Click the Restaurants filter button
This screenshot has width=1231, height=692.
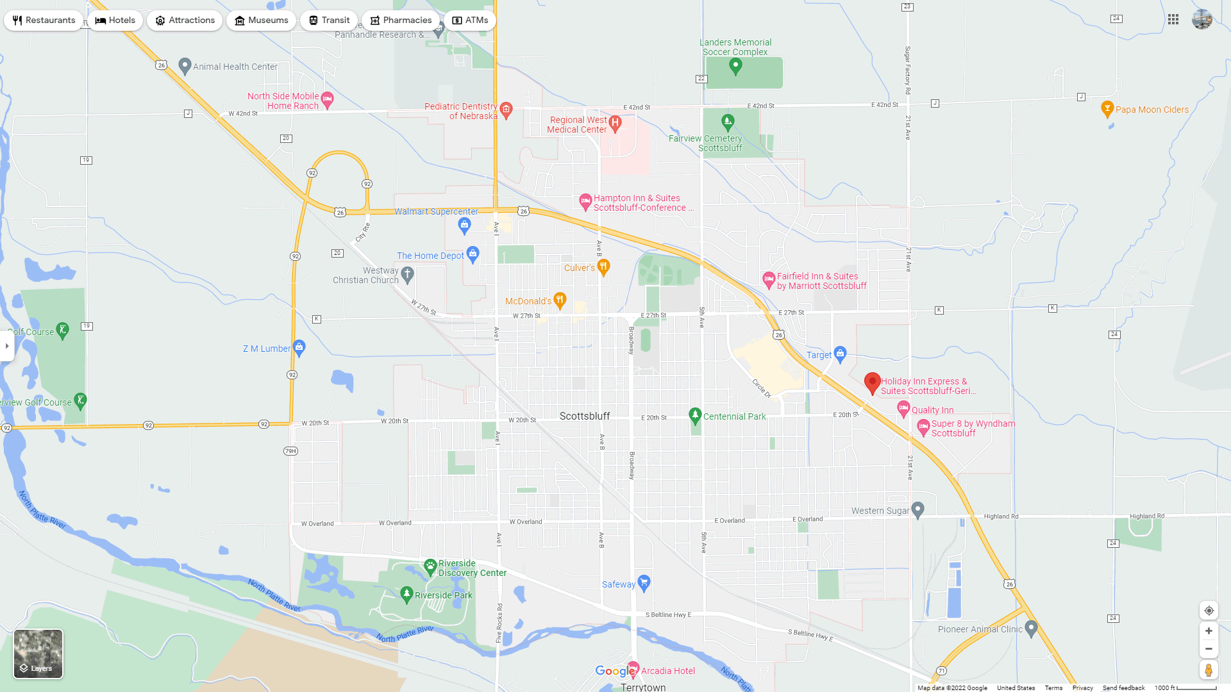tap(44, 21)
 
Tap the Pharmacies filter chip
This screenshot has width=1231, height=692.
tap(401, 21)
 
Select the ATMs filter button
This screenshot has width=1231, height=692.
tap(470, 21)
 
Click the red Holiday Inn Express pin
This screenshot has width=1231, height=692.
tap(872, 383)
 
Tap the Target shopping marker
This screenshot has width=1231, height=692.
tap(841, 354)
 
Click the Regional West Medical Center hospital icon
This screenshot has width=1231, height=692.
tap(615, 123)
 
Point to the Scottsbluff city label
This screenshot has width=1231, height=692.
tap(585, 416)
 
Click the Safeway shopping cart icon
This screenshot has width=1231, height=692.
tap(644, 582)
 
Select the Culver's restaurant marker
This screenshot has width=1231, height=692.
tap(603, 267)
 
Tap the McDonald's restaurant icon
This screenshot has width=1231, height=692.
tap(560, 299)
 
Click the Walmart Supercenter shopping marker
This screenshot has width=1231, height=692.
tap(465, 224)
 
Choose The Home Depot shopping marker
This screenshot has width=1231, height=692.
tap(473, 254)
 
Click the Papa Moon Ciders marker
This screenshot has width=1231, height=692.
tap(1107, 108)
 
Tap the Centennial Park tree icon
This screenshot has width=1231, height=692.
tap(694, 415)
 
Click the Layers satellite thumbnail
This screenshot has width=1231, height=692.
tap(38, 654)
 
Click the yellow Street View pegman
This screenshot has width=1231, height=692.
tap(1209, 670)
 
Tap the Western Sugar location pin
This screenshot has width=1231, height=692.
tap(917, 509)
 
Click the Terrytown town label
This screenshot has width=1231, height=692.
tap(643, 687)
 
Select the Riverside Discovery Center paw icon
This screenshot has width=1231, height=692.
tap(430, 566)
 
